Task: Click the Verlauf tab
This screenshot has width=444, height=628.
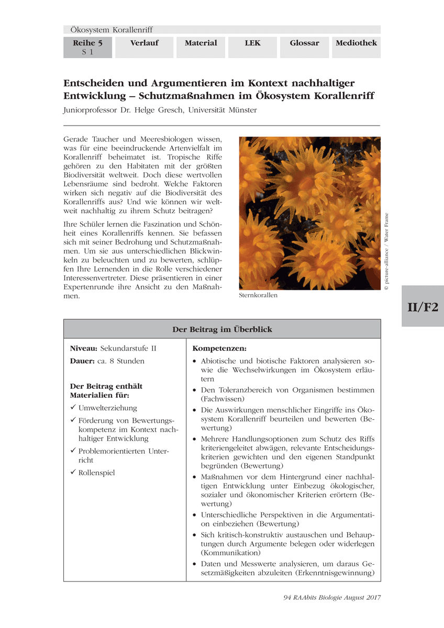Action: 144,43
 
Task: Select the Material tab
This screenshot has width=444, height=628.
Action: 201,43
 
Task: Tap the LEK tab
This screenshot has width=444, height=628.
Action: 252,43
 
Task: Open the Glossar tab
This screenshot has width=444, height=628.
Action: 304,43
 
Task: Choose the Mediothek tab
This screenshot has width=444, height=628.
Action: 356,43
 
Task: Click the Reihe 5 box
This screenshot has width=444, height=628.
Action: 87,47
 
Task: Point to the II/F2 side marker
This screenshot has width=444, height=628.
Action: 423,307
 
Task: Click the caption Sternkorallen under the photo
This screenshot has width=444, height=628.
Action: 258,295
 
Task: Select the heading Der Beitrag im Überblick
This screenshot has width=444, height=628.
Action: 222,329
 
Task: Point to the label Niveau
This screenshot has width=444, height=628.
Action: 84,349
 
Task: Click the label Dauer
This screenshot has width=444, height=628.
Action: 83,361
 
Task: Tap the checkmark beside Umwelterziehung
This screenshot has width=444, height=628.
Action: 73,408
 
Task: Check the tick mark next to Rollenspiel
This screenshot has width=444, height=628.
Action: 73,473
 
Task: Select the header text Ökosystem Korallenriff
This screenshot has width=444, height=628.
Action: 111,30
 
